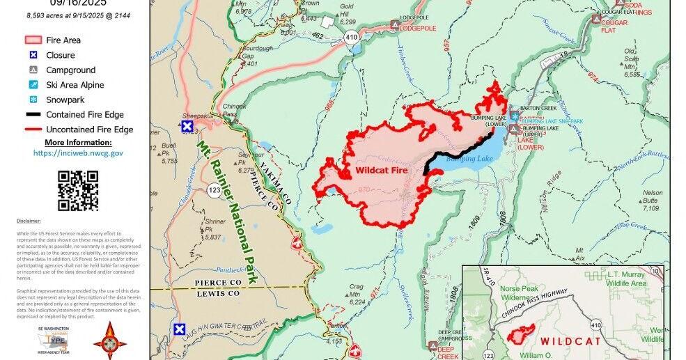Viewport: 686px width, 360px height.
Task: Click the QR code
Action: tap(77, 190)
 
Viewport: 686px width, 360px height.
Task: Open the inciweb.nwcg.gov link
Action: tap(78, 152)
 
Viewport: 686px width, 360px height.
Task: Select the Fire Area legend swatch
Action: tap(33, 40)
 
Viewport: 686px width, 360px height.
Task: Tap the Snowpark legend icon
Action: tap(33, 100)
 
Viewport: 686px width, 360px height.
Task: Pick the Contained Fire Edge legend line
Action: tap(33, 115)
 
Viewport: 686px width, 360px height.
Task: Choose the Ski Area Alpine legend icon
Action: tap(33, 85)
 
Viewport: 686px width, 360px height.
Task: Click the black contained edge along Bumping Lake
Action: tap(456, 148)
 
